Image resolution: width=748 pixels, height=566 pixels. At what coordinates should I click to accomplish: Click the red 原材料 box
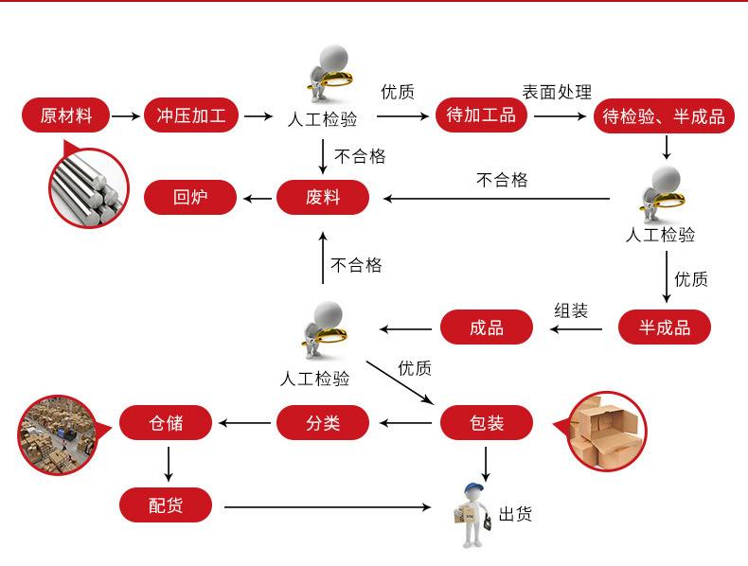[x=66, y=115]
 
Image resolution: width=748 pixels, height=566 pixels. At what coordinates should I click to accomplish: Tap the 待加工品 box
[x=481, y=115]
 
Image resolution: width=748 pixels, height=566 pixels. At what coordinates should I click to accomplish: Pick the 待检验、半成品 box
[x=664, y=116]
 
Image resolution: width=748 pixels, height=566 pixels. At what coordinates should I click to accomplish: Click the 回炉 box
[x=190, y=198]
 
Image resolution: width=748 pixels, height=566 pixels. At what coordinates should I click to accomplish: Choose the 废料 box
[x=322, y=198]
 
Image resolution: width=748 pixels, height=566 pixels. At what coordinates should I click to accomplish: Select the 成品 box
[x=487, y=328]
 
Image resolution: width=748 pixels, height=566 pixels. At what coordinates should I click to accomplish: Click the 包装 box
[x=487, y=422]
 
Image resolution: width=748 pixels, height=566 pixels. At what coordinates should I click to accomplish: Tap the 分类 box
[x=322, y=422]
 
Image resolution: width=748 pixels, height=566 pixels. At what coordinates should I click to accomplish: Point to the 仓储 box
[x=166, y=422]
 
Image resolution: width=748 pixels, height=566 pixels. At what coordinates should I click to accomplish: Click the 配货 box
[x=166, y=505]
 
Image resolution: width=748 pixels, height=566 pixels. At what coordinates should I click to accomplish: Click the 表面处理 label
[x=557, y=92]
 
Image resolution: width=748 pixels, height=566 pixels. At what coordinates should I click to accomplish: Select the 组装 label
[x=571, y=310]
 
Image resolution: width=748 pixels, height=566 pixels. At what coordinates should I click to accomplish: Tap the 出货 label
[x=516, y=514]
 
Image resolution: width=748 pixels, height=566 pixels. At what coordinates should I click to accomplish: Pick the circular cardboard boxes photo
[x=607, y=431]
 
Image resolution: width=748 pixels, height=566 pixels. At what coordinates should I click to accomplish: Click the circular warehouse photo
[x=59, y=431]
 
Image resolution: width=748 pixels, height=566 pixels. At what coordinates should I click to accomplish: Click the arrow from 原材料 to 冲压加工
[x=124, y=116]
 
